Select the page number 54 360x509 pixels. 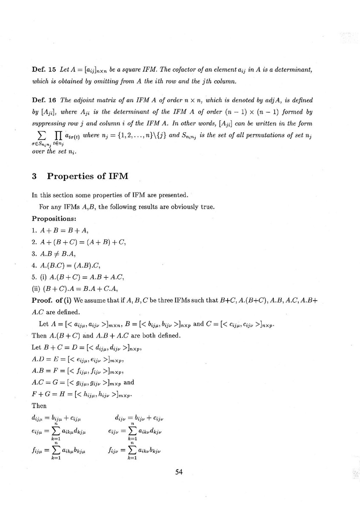coord(179,472)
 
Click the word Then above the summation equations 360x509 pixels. coord(39,406)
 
